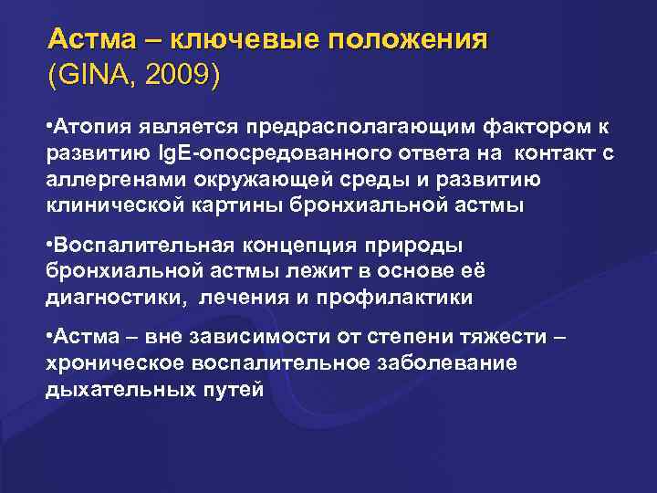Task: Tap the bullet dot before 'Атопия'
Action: point(49,124)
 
